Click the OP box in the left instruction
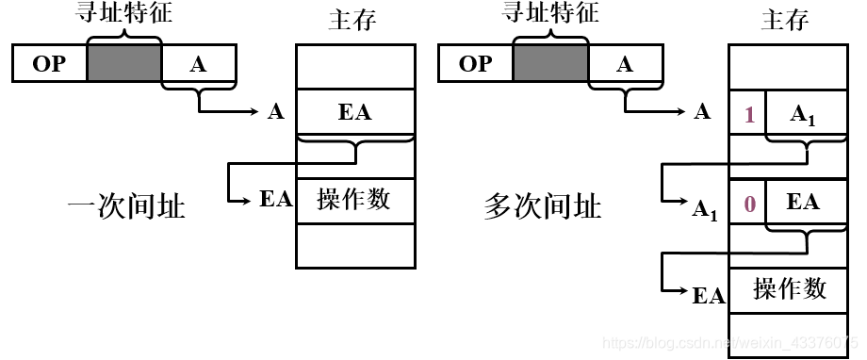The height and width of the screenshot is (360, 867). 49,64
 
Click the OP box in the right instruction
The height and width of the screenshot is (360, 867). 475,64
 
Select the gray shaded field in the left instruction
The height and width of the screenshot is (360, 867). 124,64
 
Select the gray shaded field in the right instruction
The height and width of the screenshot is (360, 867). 550,64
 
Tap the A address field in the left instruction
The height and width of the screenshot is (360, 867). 198,64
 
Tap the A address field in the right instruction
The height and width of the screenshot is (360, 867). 624,64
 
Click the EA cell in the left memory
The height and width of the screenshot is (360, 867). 354,112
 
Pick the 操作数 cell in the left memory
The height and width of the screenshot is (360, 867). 354,200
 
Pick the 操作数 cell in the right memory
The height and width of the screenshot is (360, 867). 790,288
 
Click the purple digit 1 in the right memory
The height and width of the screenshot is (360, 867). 749,114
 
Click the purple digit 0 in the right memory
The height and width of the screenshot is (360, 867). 749,203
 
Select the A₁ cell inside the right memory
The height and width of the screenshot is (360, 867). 802,114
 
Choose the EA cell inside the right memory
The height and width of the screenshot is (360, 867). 802,202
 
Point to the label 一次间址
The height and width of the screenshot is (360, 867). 126,205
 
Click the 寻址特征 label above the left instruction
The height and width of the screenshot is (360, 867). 125,13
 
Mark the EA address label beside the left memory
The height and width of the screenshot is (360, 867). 276,200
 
